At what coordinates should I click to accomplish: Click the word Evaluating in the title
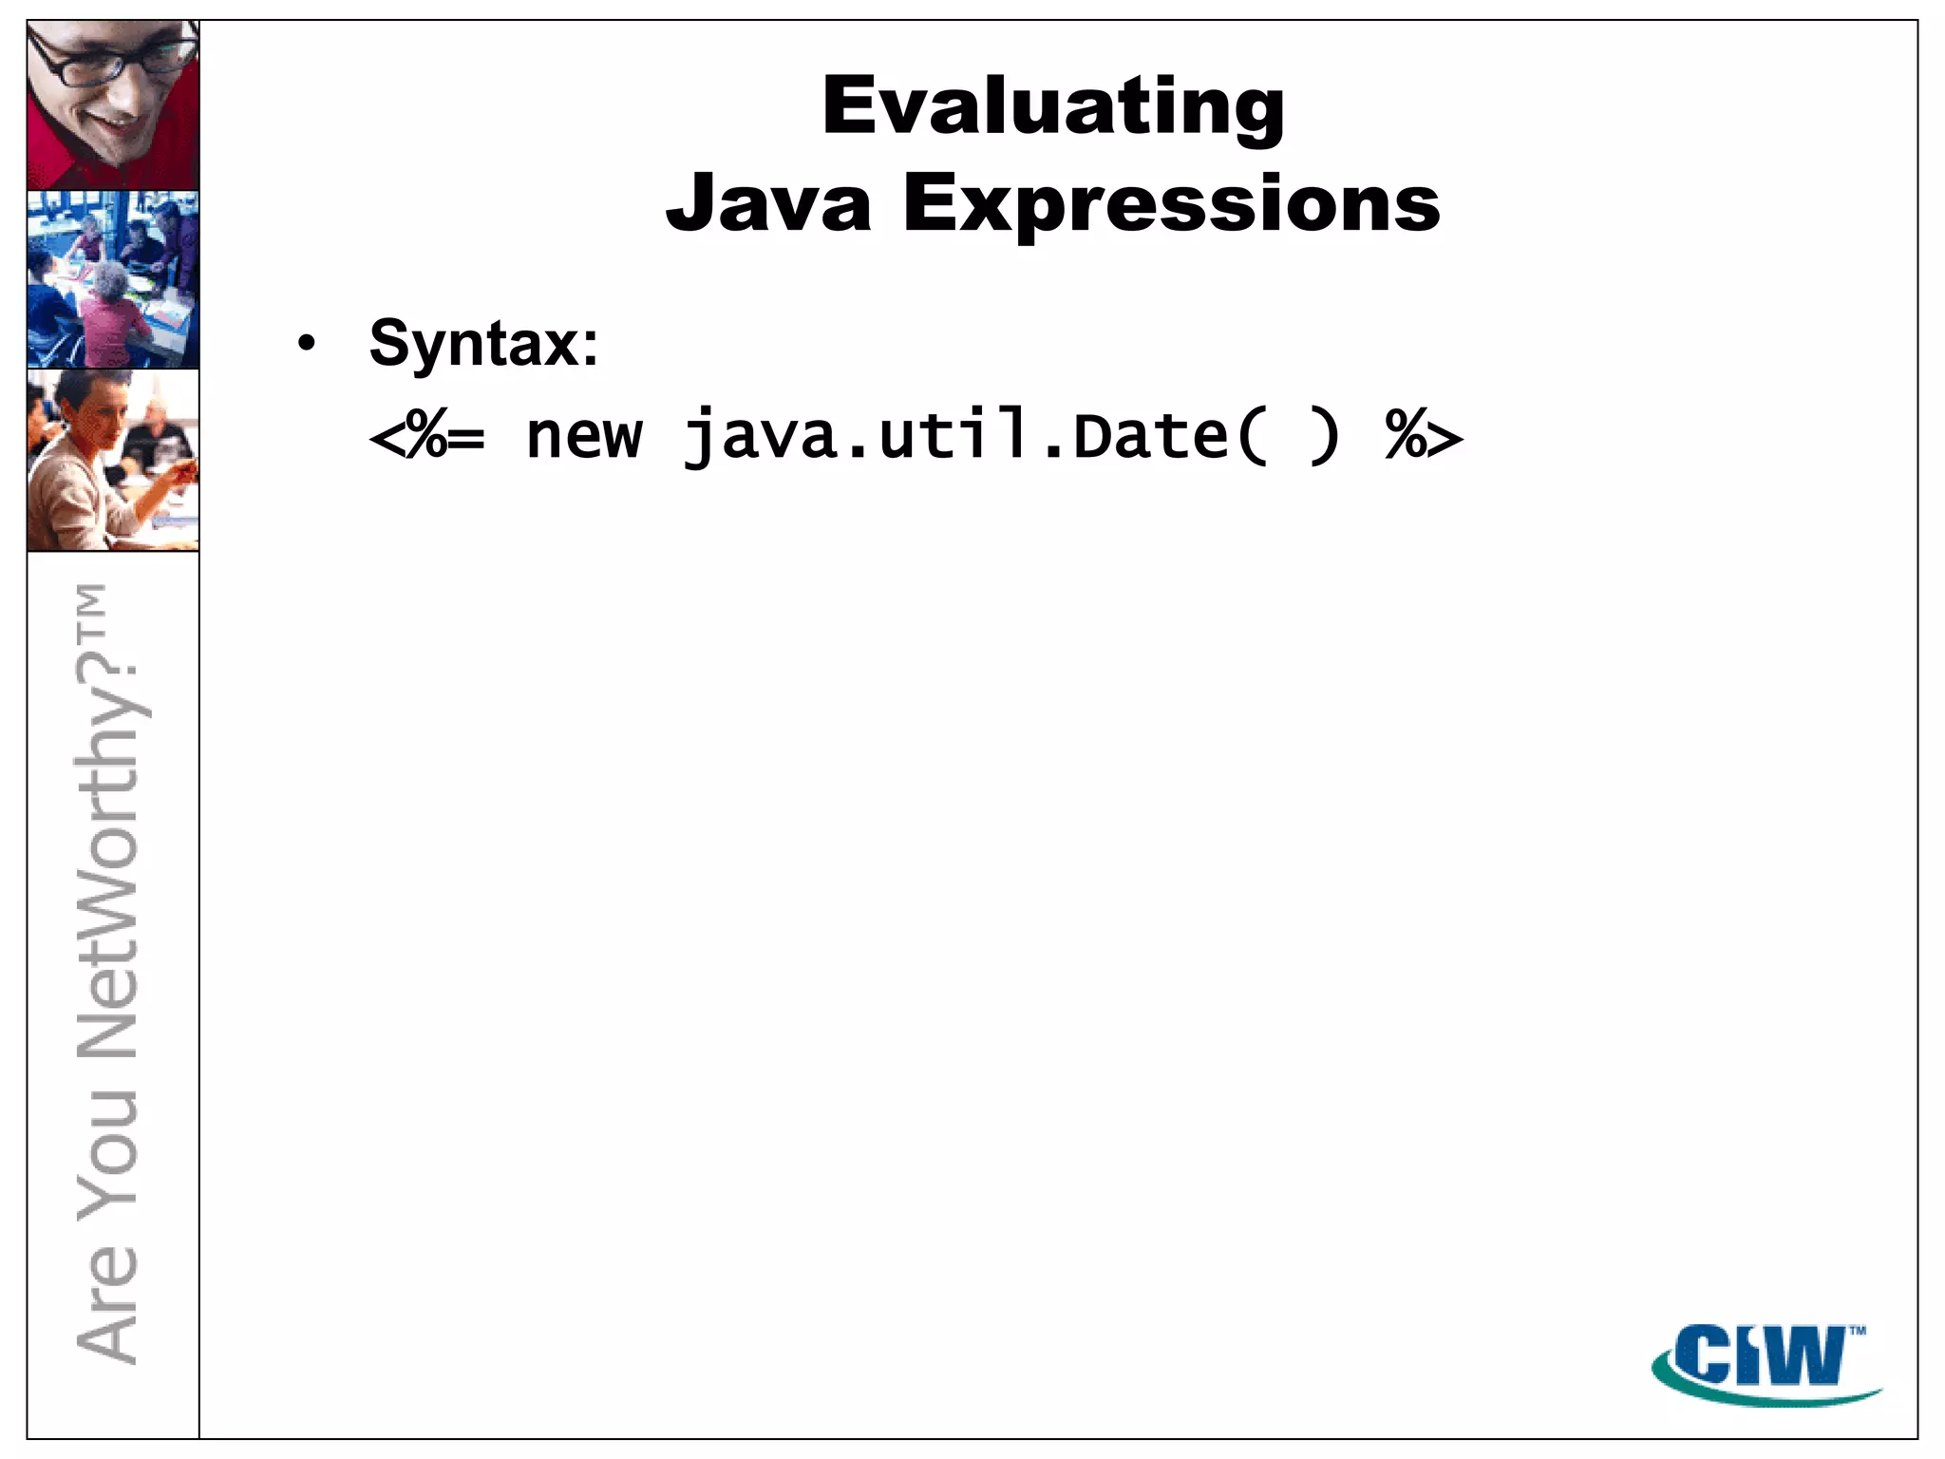click(1052, 106)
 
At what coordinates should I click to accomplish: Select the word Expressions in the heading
click(1171, 204)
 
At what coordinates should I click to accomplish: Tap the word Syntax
click(473, 343)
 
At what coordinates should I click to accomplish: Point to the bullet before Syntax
click(305, 343)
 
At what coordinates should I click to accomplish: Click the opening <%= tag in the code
click(427, 437)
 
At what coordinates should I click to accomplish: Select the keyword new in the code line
click(584, 437)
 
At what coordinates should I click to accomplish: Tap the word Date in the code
click(1150, 437)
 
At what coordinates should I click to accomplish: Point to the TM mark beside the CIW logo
click(1858, 1331)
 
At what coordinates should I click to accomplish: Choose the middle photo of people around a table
click(113, 279)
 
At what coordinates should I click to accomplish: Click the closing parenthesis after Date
click(1323, 437)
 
